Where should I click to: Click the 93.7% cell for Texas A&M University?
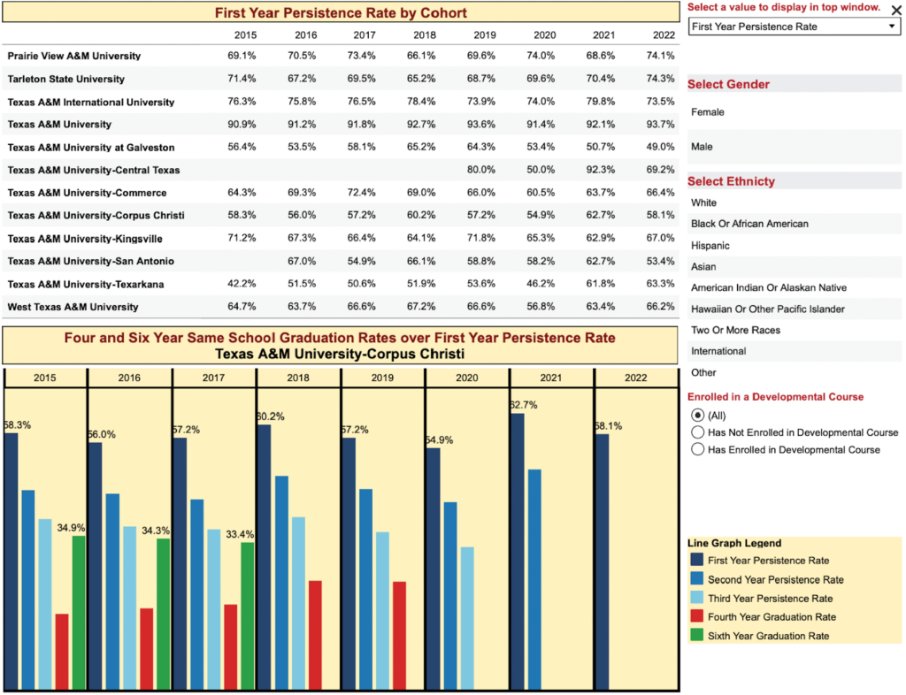tap(661, 125)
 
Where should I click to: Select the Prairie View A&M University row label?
tap(73, 56)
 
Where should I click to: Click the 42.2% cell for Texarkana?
tap(242, 284)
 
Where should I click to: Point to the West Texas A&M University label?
tap(73, 307)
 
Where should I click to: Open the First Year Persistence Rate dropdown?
tap(794, 27)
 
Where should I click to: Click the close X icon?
tap(896, 10)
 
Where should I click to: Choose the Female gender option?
tap(708, 112)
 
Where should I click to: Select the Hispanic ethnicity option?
tap(710, 246)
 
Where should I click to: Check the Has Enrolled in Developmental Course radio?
tap(698, 449)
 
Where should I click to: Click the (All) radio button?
tap(698, 416)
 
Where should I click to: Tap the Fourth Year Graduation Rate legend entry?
tap(772, 617)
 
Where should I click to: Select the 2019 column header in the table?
tap(485, 35)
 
